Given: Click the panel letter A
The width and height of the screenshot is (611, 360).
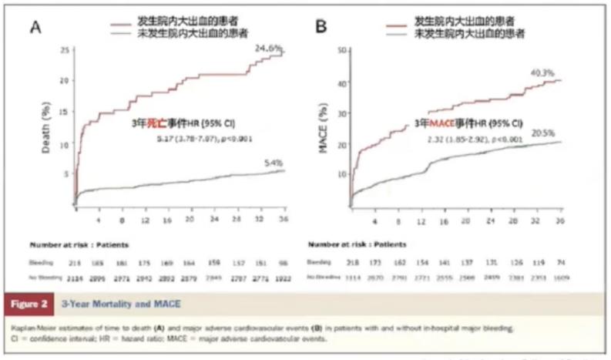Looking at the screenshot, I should [35, 29].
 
